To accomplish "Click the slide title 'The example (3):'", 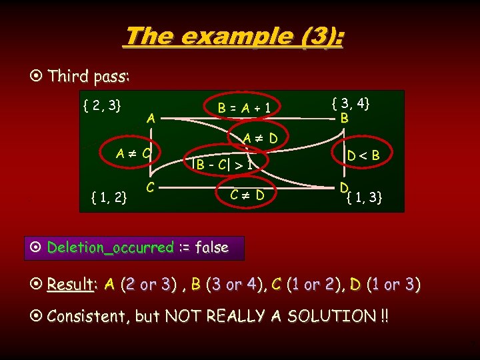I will point(233,37).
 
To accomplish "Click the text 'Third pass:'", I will point(89,76).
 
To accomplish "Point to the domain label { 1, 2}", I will point(111,197).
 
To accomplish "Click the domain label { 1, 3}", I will point(364,197).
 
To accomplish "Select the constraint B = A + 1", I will point(247,107).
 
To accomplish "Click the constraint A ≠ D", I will point(259,139).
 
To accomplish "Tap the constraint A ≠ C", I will point(133,153).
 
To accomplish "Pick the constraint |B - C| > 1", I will point(222,162).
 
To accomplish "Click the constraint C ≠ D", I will point(247,195).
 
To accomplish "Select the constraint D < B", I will point(363,156).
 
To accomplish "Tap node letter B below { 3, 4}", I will point(344,118).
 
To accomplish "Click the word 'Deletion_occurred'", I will point(110,247).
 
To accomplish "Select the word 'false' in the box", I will point(211,247).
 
